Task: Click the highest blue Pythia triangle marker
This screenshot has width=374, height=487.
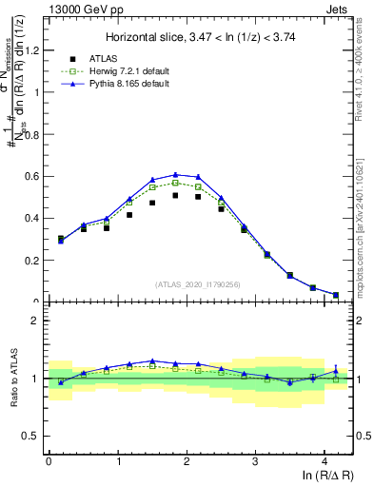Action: pyautogui.click(x=175, y=174)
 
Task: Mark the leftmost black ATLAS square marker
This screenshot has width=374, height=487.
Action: pyautogui.click(x=61, y=239)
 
